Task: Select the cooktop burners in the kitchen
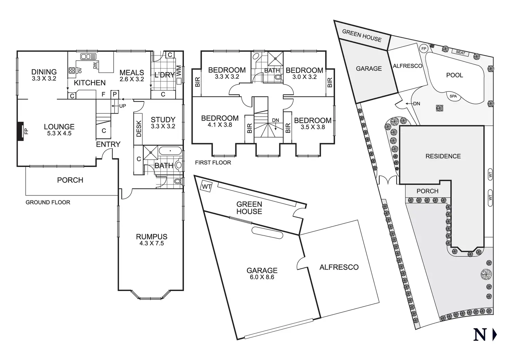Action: click(x=72, y=70)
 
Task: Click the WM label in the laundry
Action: click(x=179, y=71)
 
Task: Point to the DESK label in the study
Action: click(x=139, y=128)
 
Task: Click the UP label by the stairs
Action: click(x=122, y=106)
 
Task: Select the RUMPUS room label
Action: click(x=151, y=237)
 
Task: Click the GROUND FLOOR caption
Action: click(x=48, y=202)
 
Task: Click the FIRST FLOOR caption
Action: click(x=213, y=163)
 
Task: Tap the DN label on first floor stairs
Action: click(x=275, y=120)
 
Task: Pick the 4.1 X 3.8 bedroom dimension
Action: click(x=220, y=125)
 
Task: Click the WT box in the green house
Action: click(x=206, y=187)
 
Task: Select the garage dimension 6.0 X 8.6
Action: click(x=262, y=277)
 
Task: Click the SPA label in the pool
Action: click(x=453, y=96)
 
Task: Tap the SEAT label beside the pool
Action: click(x=460, y=52)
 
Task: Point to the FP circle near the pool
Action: click(x=423, y=49)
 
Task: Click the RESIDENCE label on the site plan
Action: click(x=443, y=156)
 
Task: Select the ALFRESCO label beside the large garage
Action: click(x=339, y=267)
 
